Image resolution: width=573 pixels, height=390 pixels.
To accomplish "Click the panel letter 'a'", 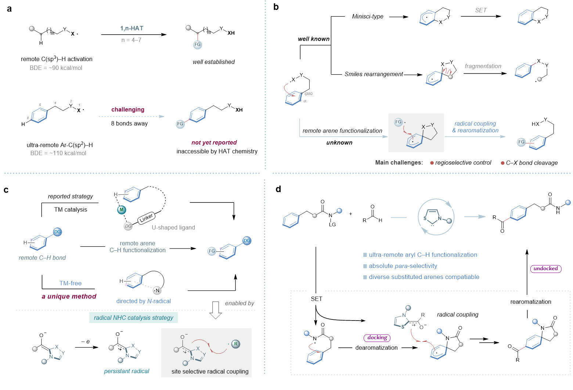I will coord(9,8).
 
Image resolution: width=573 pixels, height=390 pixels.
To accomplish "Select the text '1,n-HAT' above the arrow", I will coord(132,28).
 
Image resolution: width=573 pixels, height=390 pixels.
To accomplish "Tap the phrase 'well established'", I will coord(213,62).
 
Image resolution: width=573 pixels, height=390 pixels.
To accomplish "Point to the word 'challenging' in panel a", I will coord(128,110).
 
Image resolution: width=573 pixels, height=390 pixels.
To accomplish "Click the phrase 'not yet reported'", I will coord(214,142).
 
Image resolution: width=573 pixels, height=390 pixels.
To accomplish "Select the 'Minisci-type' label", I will coord(367,17).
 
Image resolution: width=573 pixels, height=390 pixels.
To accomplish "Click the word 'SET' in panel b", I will coord(481,10).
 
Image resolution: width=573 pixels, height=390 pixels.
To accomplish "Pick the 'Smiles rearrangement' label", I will coord(374,74).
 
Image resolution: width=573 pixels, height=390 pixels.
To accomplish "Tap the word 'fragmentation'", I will coord(483,66).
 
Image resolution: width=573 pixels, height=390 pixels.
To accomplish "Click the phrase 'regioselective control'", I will coord(463,162).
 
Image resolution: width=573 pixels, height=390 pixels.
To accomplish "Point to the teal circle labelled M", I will coord(121,210).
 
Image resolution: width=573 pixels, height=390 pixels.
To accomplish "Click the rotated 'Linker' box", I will coord(146,218).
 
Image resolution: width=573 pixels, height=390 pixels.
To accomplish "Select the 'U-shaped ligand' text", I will coord(173,228).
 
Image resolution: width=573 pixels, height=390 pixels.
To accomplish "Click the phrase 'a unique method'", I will coord(69,296).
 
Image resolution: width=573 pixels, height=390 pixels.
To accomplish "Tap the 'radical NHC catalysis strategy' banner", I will coord(133,318).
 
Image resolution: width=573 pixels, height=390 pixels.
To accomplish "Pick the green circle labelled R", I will coord(235,344).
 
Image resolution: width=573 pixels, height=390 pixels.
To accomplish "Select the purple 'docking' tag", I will coord(377,337).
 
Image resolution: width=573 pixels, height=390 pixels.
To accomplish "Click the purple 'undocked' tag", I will coord(545,268).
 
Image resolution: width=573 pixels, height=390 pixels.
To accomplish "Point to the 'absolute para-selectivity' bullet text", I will coord(403,266).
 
